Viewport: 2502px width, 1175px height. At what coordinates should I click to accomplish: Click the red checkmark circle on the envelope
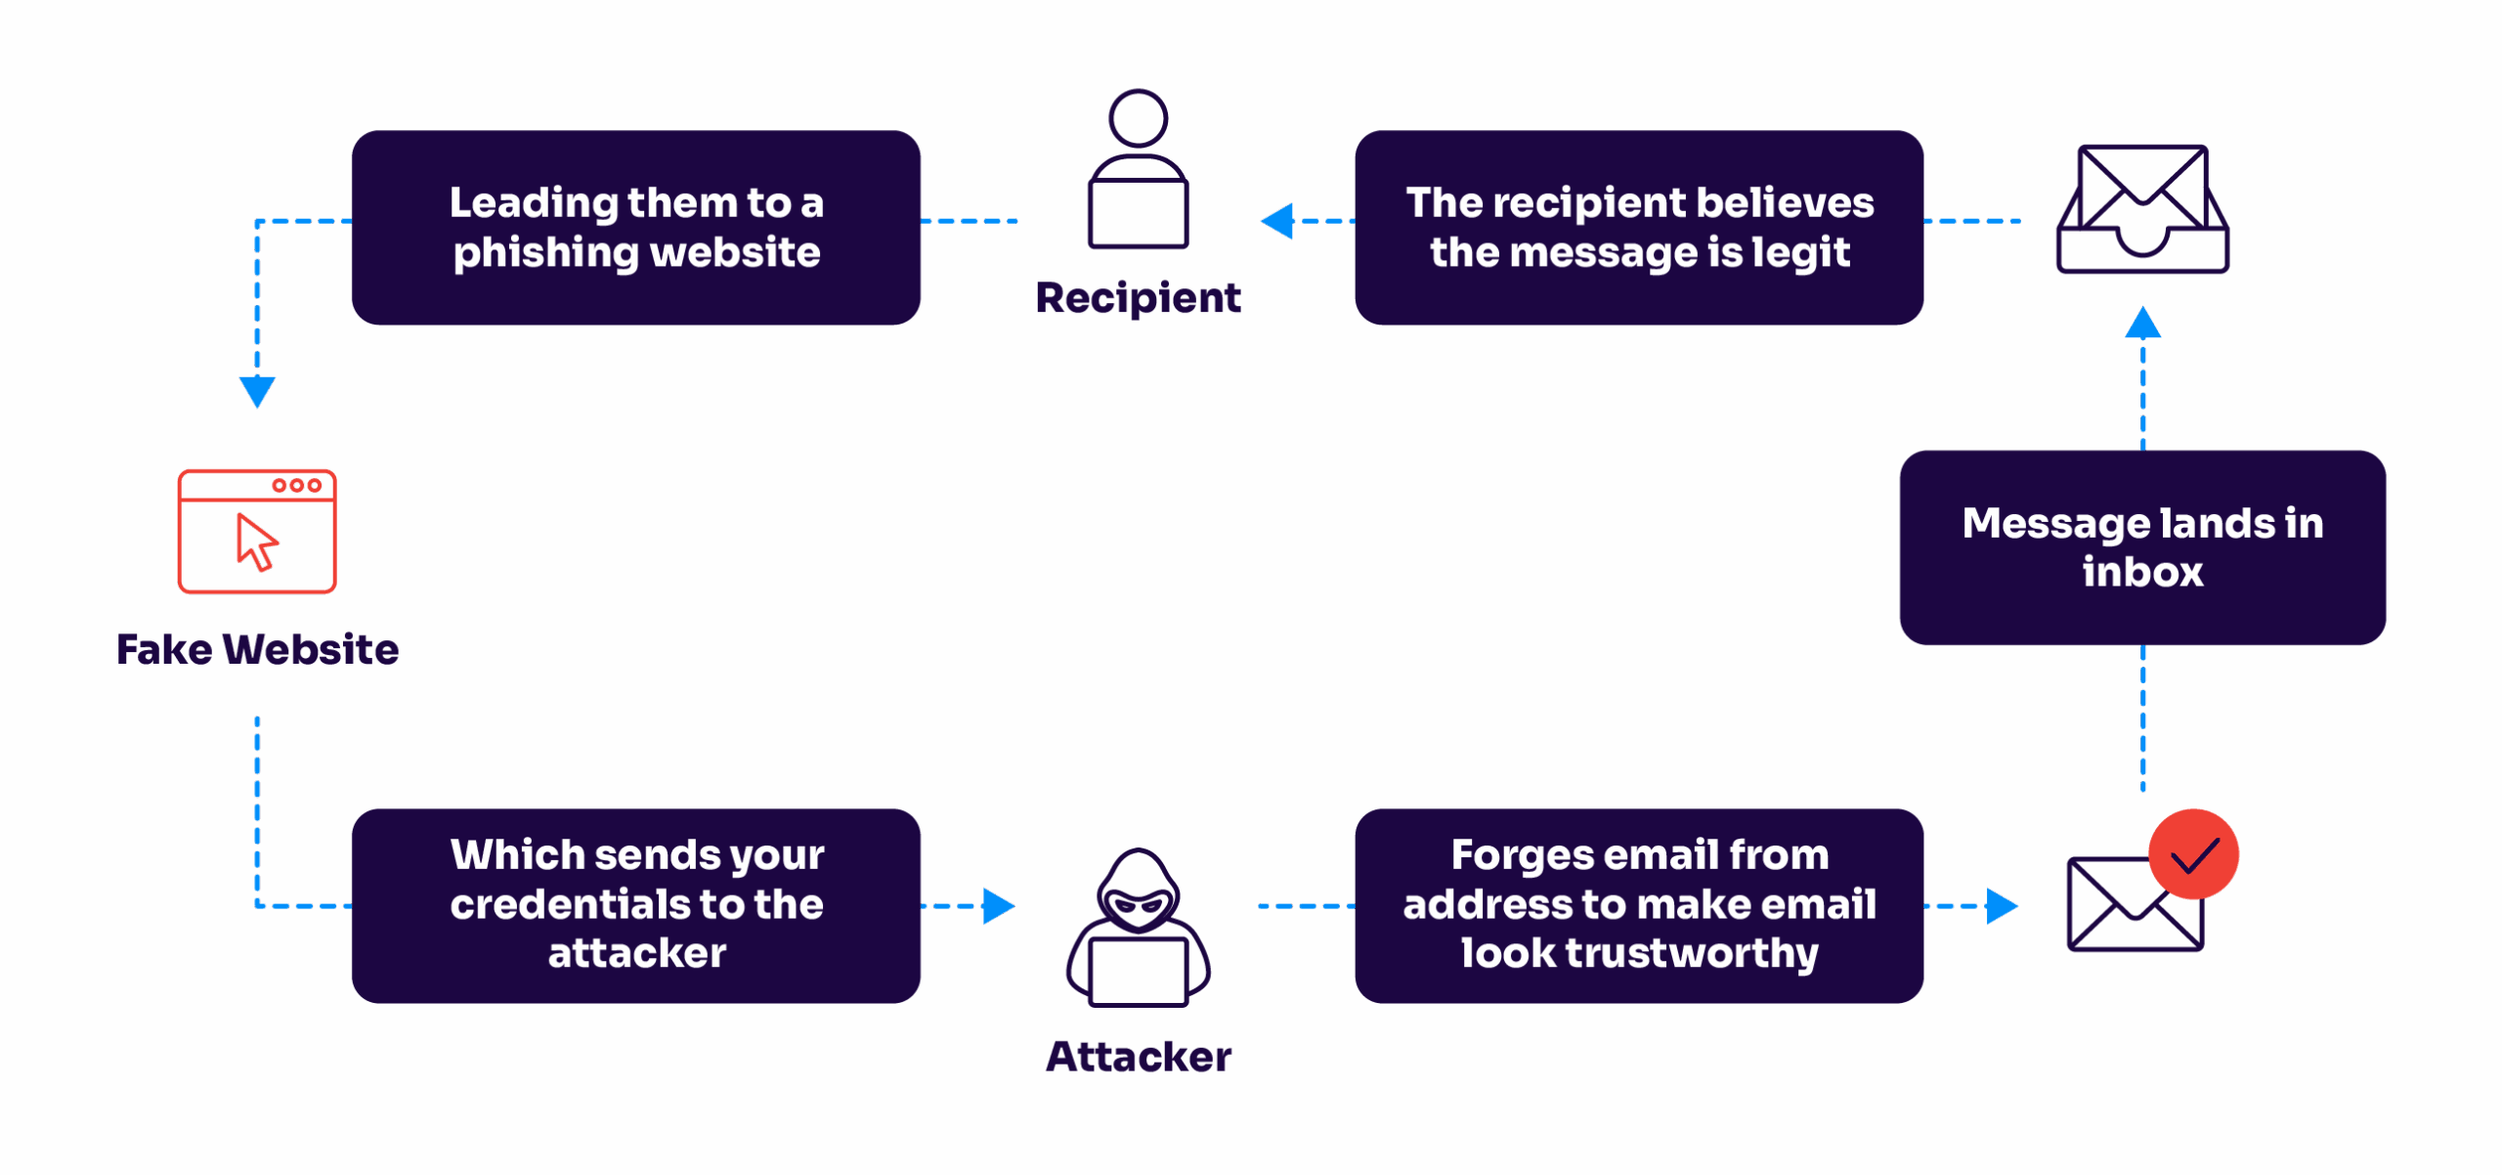click(2193, 854)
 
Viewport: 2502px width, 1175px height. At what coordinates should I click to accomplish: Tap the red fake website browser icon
click(257, 531)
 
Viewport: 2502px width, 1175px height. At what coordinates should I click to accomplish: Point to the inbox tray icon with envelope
click(2142, 209)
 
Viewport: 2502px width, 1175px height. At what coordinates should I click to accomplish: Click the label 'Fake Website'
click(257, 650)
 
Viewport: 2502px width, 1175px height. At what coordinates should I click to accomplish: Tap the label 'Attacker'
click(1138, 1057)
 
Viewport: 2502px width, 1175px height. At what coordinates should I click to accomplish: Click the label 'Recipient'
click(1138, 298)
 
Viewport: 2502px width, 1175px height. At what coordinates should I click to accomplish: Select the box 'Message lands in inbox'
click(2142, 547)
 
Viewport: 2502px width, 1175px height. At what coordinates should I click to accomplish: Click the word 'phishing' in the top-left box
click(545, 253)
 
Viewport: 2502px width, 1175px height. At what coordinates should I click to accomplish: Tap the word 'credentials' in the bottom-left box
click(567, 904)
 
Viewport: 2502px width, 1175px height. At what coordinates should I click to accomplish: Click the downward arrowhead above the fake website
click(257, 391)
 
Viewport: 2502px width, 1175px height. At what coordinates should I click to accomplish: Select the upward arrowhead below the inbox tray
click(2142, 324)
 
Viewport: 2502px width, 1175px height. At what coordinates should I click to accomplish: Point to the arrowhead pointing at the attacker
click(997, 906)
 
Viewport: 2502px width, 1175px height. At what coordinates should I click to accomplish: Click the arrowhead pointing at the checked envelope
click(2001, 906)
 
